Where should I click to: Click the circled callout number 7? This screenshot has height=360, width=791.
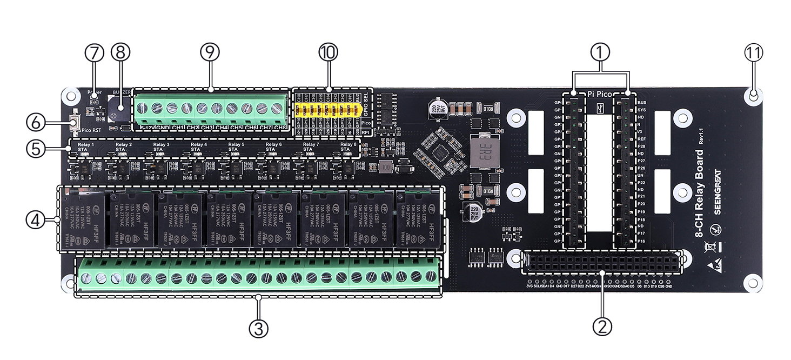tap(94, 53)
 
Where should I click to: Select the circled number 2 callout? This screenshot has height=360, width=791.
tap(602, 325)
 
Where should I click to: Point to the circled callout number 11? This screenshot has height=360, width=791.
tap(754, 53)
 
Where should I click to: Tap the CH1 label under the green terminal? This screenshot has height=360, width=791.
tap(177, 128)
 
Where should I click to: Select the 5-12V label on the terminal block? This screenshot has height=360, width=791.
tap(147, 128)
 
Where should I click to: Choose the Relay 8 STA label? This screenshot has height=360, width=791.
tap(348, 147)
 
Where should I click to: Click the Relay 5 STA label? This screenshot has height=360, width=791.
tap(236, 147)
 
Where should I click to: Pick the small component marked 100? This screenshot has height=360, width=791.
tap(385, 166)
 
